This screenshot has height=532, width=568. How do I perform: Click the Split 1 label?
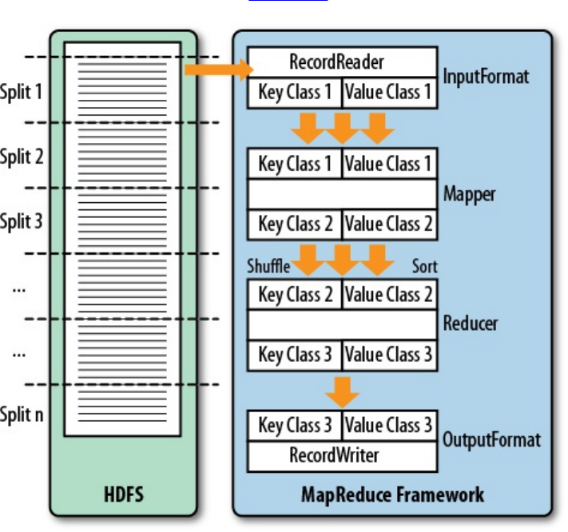click(22, 91)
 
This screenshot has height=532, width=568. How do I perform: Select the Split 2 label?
click(22, 157)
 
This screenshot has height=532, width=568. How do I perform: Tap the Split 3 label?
click(22, 221)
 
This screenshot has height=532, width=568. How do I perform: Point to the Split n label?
click(22, 415)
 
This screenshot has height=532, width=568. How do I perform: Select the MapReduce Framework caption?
click(392, 494)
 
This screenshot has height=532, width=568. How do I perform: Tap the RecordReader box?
click(342, 62)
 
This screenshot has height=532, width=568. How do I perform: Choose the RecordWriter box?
click(342, 456)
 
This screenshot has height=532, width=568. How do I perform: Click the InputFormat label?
click(486, 77)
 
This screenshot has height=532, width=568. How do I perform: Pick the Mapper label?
click(470, 194)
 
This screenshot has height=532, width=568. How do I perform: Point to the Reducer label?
click(471, 324)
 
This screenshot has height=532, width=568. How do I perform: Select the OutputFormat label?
click(491, 440)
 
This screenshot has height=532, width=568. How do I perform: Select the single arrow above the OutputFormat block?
click(343, 391)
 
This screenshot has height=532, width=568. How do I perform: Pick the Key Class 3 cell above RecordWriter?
click(295, 425)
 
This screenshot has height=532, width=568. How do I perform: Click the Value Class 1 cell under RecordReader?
click(389, 92)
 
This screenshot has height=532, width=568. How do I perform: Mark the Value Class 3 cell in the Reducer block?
click(389, 354)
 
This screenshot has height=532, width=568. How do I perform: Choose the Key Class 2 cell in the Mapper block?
click(295, 224)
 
